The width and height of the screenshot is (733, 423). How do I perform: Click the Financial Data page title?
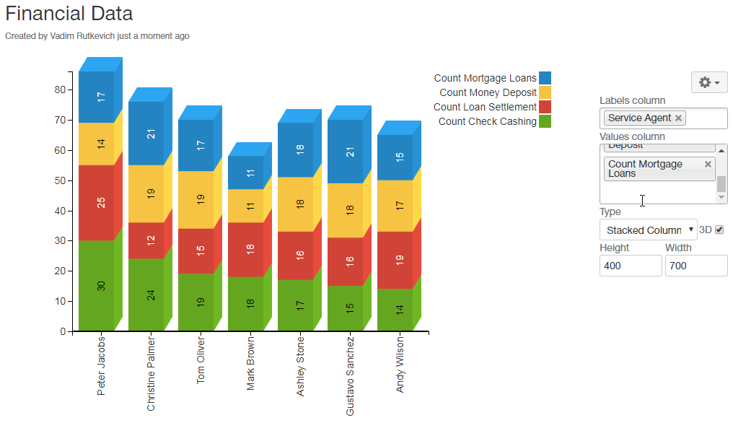(69, 14)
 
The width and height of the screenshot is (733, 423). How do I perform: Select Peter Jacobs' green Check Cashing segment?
(97, 285)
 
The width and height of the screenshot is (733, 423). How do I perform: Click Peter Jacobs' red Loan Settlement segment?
(97, 203)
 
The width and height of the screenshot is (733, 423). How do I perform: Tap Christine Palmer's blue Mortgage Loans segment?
(146, 134)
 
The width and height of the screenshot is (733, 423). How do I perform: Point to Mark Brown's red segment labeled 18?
(246, 249)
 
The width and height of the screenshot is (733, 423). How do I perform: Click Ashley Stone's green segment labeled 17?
(296, 305)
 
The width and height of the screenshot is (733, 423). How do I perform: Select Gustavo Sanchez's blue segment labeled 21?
(346, 152)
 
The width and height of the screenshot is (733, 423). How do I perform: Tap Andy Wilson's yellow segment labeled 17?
(395, 206)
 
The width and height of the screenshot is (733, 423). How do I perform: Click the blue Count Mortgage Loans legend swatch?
(545, 78)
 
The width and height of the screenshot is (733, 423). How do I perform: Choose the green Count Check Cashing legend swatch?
(545, 121)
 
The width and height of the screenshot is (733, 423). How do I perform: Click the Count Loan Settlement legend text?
(485, 107)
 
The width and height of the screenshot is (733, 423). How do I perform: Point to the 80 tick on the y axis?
(59, 90)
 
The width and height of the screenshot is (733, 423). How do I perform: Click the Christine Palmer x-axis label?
(151, 373)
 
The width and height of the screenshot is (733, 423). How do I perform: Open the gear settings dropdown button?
(709, 82)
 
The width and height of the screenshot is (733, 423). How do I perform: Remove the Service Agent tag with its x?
(678, 118)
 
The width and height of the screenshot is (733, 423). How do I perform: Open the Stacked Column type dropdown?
(648, 230)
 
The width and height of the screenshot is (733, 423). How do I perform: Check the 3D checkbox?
(719, 230)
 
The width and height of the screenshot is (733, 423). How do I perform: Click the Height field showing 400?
(630, 266)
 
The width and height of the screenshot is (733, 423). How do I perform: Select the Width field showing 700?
(695, 266)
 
